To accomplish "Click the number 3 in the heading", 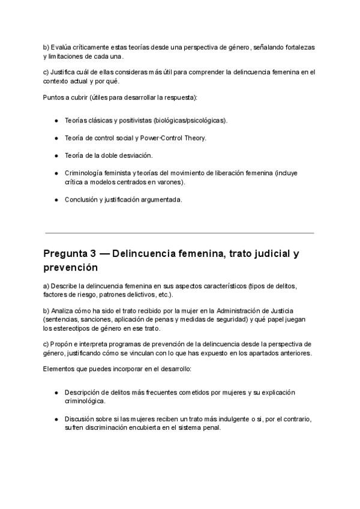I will click(104, 253).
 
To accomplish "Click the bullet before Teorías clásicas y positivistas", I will click(56, 121).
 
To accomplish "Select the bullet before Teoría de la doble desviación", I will click(56, 155).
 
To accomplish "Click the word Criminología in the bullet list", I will click(85, 173).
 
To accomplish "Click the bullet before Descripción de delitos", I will click(56, 393).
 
